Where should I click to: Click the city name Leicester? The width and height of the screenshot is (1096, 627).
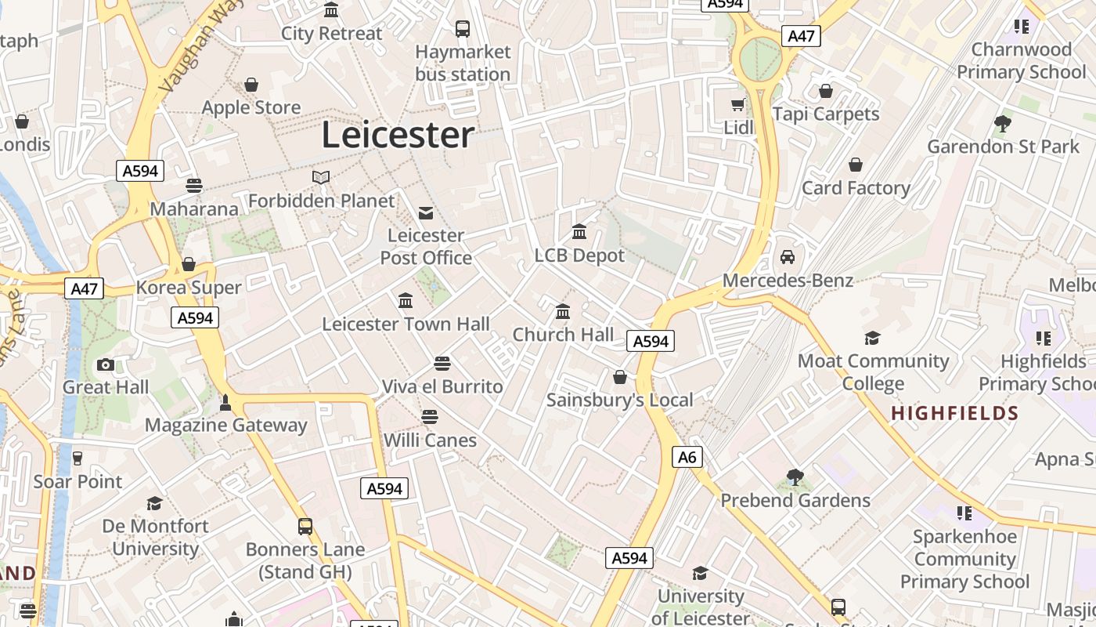coord(398,135)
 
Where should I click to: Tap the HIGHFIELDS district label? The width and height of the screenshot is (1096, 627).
coord(955,413)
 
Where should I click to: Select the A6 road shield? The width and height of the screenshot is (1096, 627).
coord(687,457)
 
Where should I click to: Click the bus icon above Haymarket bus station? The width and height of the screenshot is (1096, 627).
coord(463,29)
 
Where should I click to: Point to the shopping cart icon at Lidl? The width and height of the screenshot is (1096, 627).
coord(737,104)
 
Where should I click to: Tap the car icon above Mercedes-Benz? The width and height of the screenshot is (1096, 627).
coord(788,257)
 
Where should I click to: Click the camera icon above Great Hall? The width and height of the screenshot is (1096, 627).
coord(106,364)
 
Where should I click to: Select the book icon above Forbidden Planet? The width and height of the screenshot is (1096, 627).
coord(321,177)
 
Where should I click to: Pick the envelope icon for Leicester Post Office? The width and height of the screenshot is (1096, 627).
coord(426,212)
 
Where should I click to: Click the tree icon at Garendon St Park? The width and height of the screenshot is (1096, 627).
coord(1002,123)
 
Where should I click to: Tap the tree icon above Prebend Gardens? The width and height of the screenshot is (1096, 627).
coord(795,477)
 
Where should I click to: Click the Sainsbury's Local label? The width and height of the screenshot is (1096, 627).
coord(619,400)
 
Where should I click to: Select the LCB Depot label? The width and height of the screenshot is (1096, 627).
coord(579,256)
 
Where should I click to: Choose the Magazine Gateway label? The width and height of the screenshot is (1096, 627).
coord(226,426)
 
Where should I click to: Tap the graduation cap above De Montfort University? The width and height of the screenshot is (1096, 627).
coord(155,503)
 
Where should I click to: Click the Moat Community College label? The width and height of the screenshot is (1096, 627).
coord(873,372)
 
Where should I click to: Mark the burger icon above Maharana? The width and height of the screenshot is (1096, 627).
coord(194,186)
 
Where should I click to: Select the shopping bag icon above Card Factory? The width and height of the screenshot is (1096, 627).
coord(856,165)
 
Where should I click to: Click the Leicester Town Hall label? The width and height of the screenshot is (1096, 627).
coord(406,324)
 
